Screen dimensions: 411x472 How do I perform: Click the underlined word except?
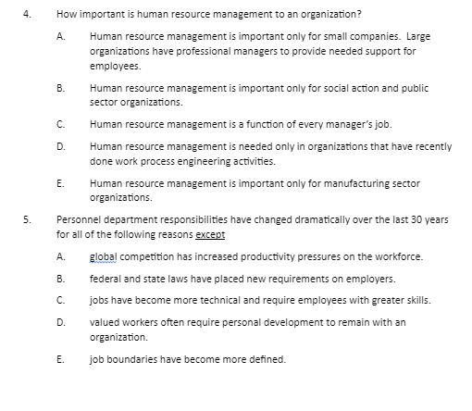(211, 234)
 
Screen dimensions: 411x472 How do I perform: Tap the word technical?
(197, 300)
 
